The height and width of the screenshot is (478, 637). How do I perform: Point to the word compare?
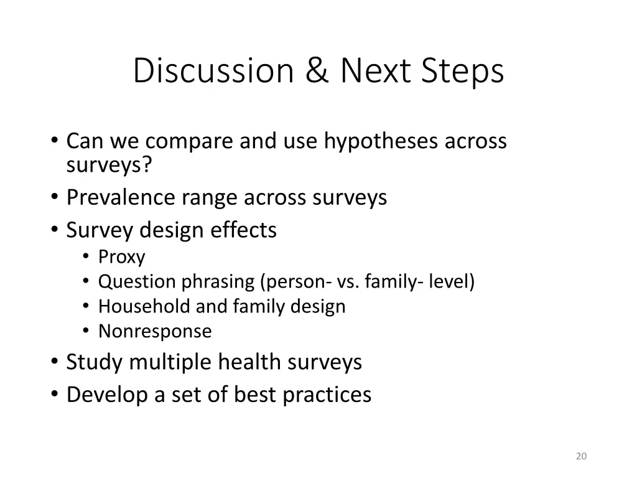[x=190, y=141]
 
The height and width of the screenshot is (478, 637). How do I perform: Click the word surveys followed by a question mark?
[x=109, y=165]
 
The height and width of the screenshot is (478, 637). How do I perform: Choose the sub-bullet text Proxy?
[x=121, y=257]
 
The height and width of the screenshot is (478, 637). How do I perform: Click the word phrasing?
[x=218, y=282]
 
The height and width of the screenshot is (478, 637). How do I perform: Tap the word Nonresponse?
[x=155, y=331]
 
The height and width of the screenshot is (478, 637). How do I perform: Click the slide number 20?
[x=581, y=457]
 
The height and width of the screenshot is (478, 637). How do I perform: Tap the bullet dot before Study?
[x=55, y=362]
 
